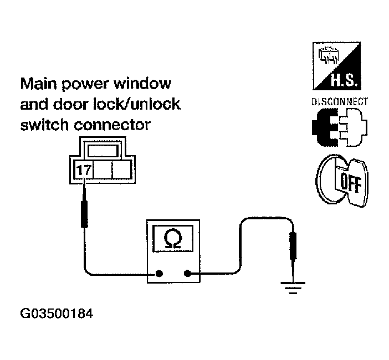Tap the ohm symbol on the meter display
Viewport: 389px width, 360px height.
173,239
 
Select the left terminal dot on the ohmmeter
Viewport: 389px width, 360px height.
159,273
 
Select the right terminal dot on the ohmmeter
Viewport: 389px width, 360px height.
187,273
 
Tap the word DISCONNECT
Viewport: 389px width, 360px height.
340,102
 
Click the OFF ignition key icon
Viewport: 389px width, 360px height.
342,181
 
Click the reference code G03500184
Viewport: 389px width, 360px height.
56,314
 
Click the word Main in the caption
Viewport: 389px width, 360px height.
39,85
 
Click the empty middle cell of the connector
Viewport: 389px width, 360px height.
103,170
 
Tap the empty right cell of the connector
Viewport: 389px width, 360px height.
121,170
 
